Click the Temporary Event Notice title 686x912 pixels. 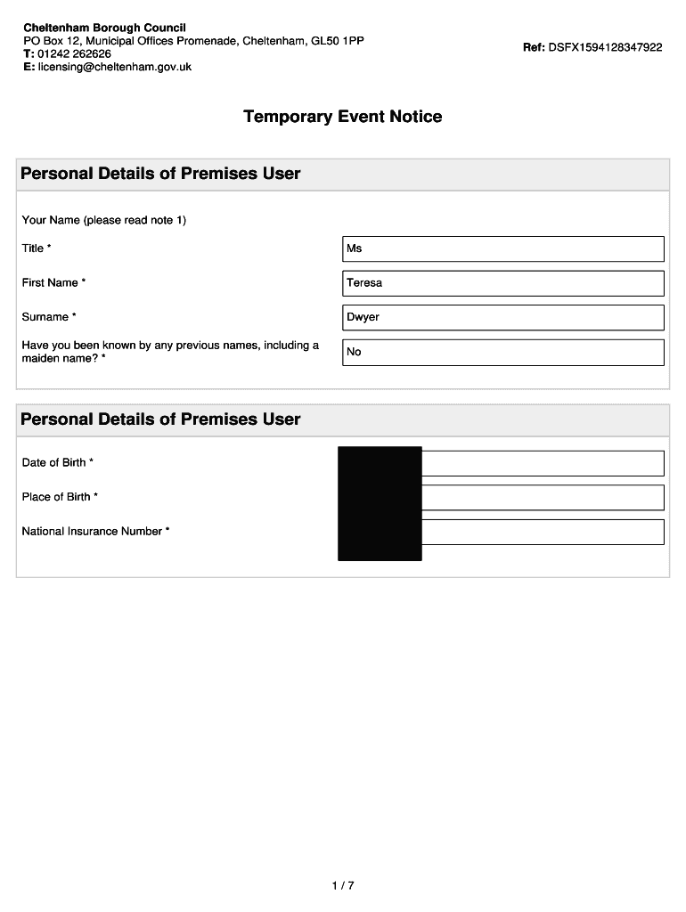(x=342, y=117)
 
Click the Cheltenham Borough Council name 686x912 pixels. (x=104, y=28)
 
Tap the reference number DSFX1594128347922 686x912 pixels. (x=606, y=47)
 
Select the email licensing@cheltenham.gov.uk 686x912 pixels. (x=114, y=67)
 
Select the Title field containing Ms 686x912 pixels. (x=503, y=248)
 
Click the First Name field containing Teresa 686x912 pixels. (x=503, y=283)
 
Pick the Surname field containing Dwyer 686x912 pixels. (x=503, y=317)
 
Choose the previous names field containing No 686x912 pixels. (x=503, y=352)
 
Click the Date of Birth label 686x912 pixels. (x=57, y=463)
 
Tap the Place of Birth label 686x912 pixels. (x=60, y=497)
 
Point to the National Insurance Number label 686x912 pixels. (x=95, y=532)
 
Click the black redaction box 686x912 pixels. (x=380, y=503)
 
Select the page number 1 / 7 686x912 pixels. (x=343, y=886)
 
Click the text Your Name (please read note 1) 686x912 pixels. (x=104, y=220)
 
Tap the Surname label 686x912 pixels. (x=48, y=317)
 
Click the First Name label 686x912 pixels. (x=53, y=283)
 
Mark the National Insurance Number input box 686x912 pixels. (x=542, y=532)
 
